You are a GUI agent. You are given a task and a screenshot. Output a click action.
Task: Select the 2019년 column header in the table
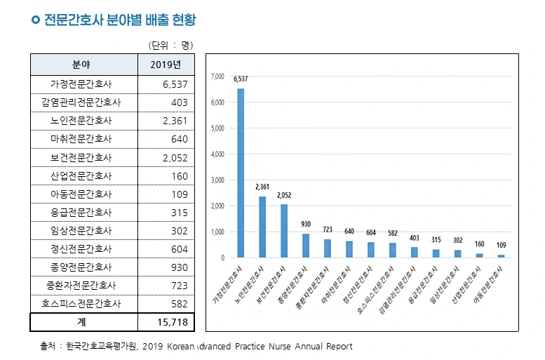pyautogui.click(x=166, y=65)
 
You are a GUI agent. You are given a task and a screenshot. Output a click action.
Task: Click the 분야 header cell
pyautogui.click(x=81, y=65)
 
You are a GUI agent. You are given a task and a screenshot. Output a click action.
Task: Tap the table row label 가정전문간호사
pyautogui.click(x=81, y=84)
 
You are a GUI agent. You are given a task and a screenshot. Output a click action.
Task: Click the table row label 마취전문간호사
pyautogui.click(x=81, y=139)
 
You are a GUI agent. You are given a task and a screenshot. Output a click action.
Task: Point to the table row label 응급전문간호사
pyautogui.click(x=81, y=213)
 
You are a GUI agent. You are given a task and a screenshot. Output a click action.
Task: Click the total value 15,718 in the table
pyautogui.click(x=166, y=323)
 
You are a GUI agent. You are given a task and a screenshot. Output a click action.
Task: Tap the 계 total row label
pyautogui.click(x=81, y=323)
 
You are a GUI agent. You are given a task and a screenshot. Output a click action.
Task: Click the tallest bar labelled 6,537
pyautogui.click(x=241, y=173)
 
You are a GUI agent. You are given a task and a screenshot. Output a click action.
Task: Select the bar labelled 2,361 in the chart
pyautogui.click(x=262, y=227)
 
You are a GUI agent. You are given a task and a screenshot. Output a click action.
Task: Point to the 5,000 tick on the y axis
pyautogui.click(x=217, y=128)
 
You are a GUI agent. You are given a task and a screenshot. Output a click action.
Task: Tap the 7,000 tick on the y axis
pyautogui.click(x=217, y=76)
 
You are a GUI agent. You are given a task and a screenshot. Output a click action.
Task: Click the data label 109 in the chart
pyautogui.click(x=501, y=245)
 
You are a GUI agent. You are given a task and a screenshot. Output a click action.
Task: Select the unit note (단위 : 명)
pyautogui.click(x=170, y=45)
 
